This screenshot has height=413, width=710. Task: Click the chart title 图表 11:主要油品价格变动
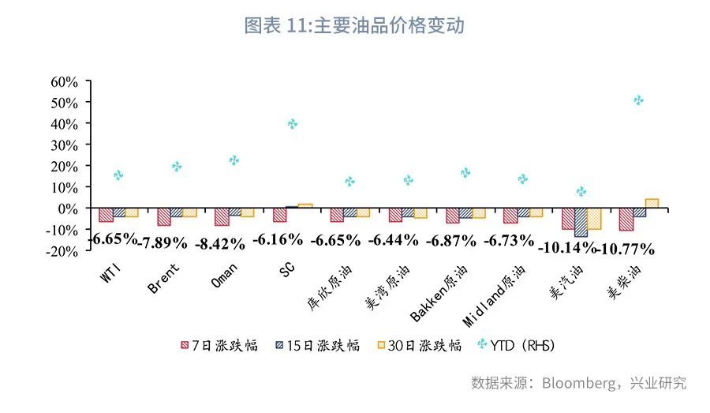click(354, 25)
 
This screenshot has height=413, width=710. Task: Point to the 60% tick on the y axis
click(64, 81)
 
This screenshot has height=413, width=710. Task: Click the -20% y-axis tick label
click(62, 250)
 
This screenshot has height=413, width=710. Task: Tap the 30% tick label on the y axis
click(64, 145)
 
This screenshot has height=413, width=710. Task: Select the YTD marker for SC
click(293, 124)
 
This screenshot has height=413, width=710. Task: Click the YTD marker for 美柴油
click(638, 100)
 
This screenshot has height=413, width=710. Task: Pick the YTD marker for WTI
click(118, 175)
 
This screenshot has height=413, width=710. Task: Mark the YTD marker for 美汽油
click(581, 191)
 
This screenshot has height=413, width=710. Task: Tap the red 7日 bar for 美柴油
click(626, 220)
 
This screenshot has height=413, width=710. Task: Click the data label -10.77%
click(626, 249)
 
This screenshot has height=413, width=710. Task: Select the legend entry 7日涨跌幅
click(219, 346)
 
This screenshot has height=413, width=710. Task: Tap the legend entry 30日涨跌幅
click(418, 346)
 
